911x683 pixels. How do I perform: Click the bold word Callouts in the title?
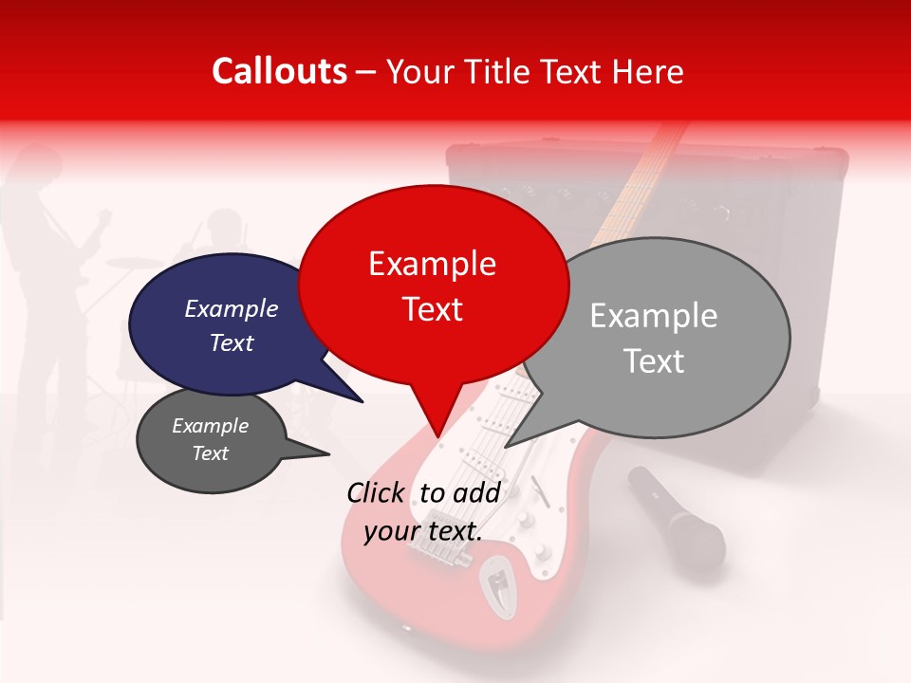[279, 71]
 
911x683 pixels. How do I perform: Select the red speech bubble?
[433, 285]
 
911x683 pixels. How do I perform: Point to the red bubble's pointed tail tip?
[437, 437]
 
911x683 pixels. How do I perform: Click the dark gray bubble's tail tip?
[328, 454]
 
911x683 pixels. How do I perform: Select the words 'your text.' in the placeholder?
[423, 531]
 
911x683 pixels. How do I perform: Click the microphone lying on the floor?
[679, 516]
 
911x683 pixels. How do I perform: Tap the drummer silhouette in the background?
[224, 237]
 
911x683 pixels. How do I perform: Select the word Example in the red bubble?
[433, 264]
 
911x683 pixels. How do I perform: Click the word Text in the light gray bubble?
[655, 361]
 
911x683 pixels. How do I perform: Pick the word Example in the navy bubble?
[232, 308]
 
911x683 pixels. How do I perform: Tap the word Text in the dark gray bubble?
[211, 453]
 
